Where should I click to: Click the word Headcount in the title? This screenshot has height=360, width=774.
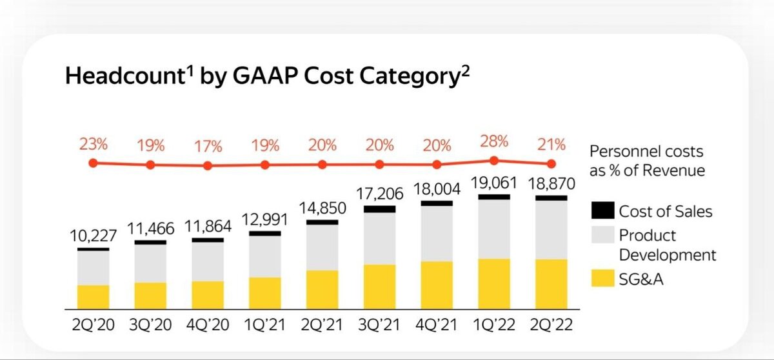click(121, 77)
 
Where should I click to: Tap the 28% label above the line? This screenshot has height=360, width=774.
click(494, 141)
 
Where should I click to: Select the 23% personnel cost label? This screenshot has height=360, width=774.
click(92, 145)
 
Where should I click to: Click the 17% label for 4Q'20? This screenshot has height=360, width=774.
click(207, 146)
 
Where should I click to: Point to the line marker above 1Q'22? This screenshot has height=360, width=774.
click(494, 161)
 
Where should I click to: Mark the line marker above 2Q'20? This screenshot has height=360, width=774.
click(93, 163)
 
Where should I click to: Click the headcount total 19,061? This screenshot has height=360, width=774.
click(494, 185)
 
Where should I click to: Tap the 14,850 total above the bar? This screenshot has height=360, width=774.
click(322, 210)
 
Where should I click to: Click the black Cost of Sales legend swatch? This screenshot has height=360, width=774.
click(602, 210)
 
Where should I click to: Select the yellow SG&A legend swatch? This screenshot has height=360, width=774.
click(602, 279)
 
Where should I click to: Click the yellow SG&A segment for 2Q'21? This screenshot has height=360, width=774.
click(322, 289)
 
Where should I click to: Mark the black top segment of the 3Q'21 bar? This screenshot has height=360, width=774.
click(379, 209)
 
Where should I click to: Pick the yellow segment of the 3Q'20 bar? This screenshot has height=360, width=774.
click(150, 295)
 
